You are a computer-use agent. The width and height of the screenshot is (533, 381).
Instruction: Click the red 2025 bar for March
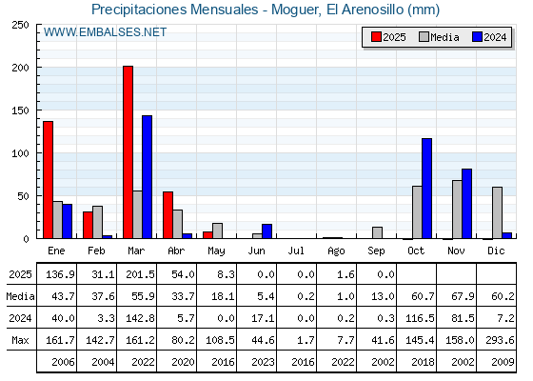pyautogui.click(x=128, y=152)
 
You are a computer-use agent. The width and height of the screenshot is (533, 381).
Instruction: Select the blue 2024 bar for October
pyautogui.click(x=427, y=189)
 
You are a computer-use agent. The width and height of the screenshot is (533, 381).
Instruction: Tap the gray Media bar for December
pyautogui.click(x=497, y=212)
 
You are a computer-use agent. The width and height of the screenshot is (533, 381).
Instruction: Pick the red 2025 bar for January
pyautogui.click(x=48, y=180)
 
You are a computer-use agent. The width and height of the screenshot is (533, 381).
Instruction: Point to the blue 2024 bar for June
pyautogui.click(x=266, y=231)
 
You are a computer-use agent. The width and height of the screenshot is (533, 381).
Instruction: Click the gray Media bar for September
pyautogui.click(x=377, y=232)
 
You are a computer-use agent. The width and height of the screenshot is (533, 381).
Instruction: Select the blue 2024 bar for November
pyautogui.click(x=466, y=204)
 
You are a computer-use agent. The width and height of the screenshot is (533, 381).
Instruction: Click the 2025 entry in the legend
pyautogui.click(x=388, y=37)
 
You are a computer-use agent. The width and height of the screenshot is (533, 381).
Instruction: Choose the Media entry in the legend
pyautogui.click(x=439, y=37)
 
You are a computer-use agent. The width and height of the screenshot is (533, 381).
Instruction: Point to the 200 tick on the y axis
pyautogui.click(x=20, y=68)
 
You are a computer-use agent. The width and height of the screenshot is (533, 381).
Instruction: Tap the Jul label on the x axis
pyautogui.click(x=296, y=251)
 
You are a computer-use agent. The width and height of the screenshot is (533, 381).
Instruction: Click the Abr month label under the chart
pyautogui.click(x=176, y=251)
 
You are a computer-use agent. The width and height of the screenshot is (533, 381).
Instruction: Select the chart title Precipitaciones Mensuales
pyautogui.click(x=175, y=10)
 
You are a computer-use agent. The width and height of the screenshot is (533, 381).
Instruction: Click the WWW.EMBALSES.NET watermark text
pyautogui.click(x=105, y=32)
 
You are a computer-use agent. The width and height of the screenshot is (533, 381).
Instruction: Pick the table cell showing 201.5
pyautogui.click(x=141, y=274)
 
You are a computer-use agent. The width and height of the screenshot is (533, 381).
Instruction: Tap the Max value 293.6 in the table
pyautogui.click(x=500, y=340)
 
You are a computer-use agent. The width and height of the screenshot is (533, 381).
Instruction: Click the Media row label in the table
pyautogui.click(x=20, y=296)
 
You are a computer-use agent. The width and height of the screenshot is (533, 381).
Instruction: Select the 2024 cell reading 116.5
pyautogui.click(x=420, y=318)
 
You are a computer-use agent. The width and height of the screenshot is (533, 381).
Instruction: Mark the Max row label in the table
pyautogui.click(x=20, y=340)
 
